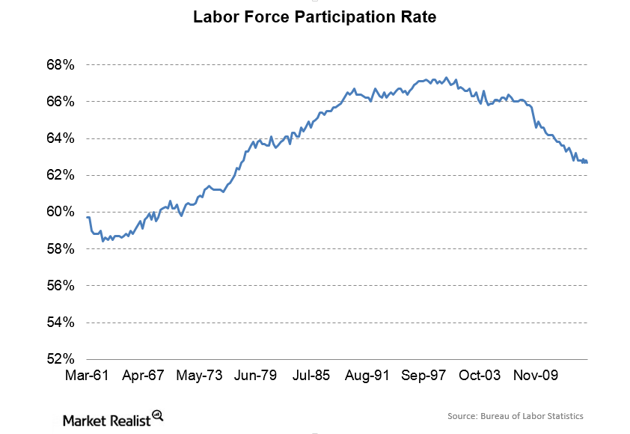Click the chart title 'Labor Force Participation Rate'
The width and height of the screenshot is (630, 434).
314,16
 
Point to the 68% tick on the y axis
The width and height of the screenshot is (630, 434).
60,64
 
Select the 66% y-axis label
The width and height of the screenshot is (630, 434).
60,101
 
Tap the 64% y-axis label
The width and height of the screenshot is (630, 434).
60,138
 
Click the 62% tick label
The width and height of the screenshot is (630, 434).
60,174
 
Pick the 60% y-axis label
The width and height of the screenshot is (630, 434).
60,212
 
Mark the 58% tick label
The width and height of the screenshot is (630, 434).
60,248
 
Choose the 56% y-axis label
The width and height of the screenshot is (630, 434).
60,285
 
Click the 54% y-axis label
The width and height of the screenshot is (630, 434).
60,322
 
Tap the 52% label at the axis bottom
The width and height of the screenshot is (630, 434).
60,358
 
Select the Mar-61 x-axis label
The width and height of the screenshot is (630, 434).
88,375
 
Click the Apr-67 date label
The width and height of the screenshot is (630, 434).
144,375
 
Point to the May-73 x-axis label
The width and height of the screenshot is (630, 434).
199,375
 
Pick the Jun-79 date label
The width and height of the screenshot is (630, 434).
255,375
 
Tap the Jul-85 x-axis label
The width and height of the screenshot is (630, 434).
311,375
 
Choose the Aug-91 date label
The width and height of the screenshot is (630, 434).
366,375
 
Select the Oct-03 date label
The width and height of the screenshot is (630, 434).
479,375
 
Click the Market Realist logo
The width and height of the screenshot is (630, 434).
113,417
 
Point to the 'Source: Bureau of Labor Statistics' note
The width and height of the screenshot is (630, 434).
515,416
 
